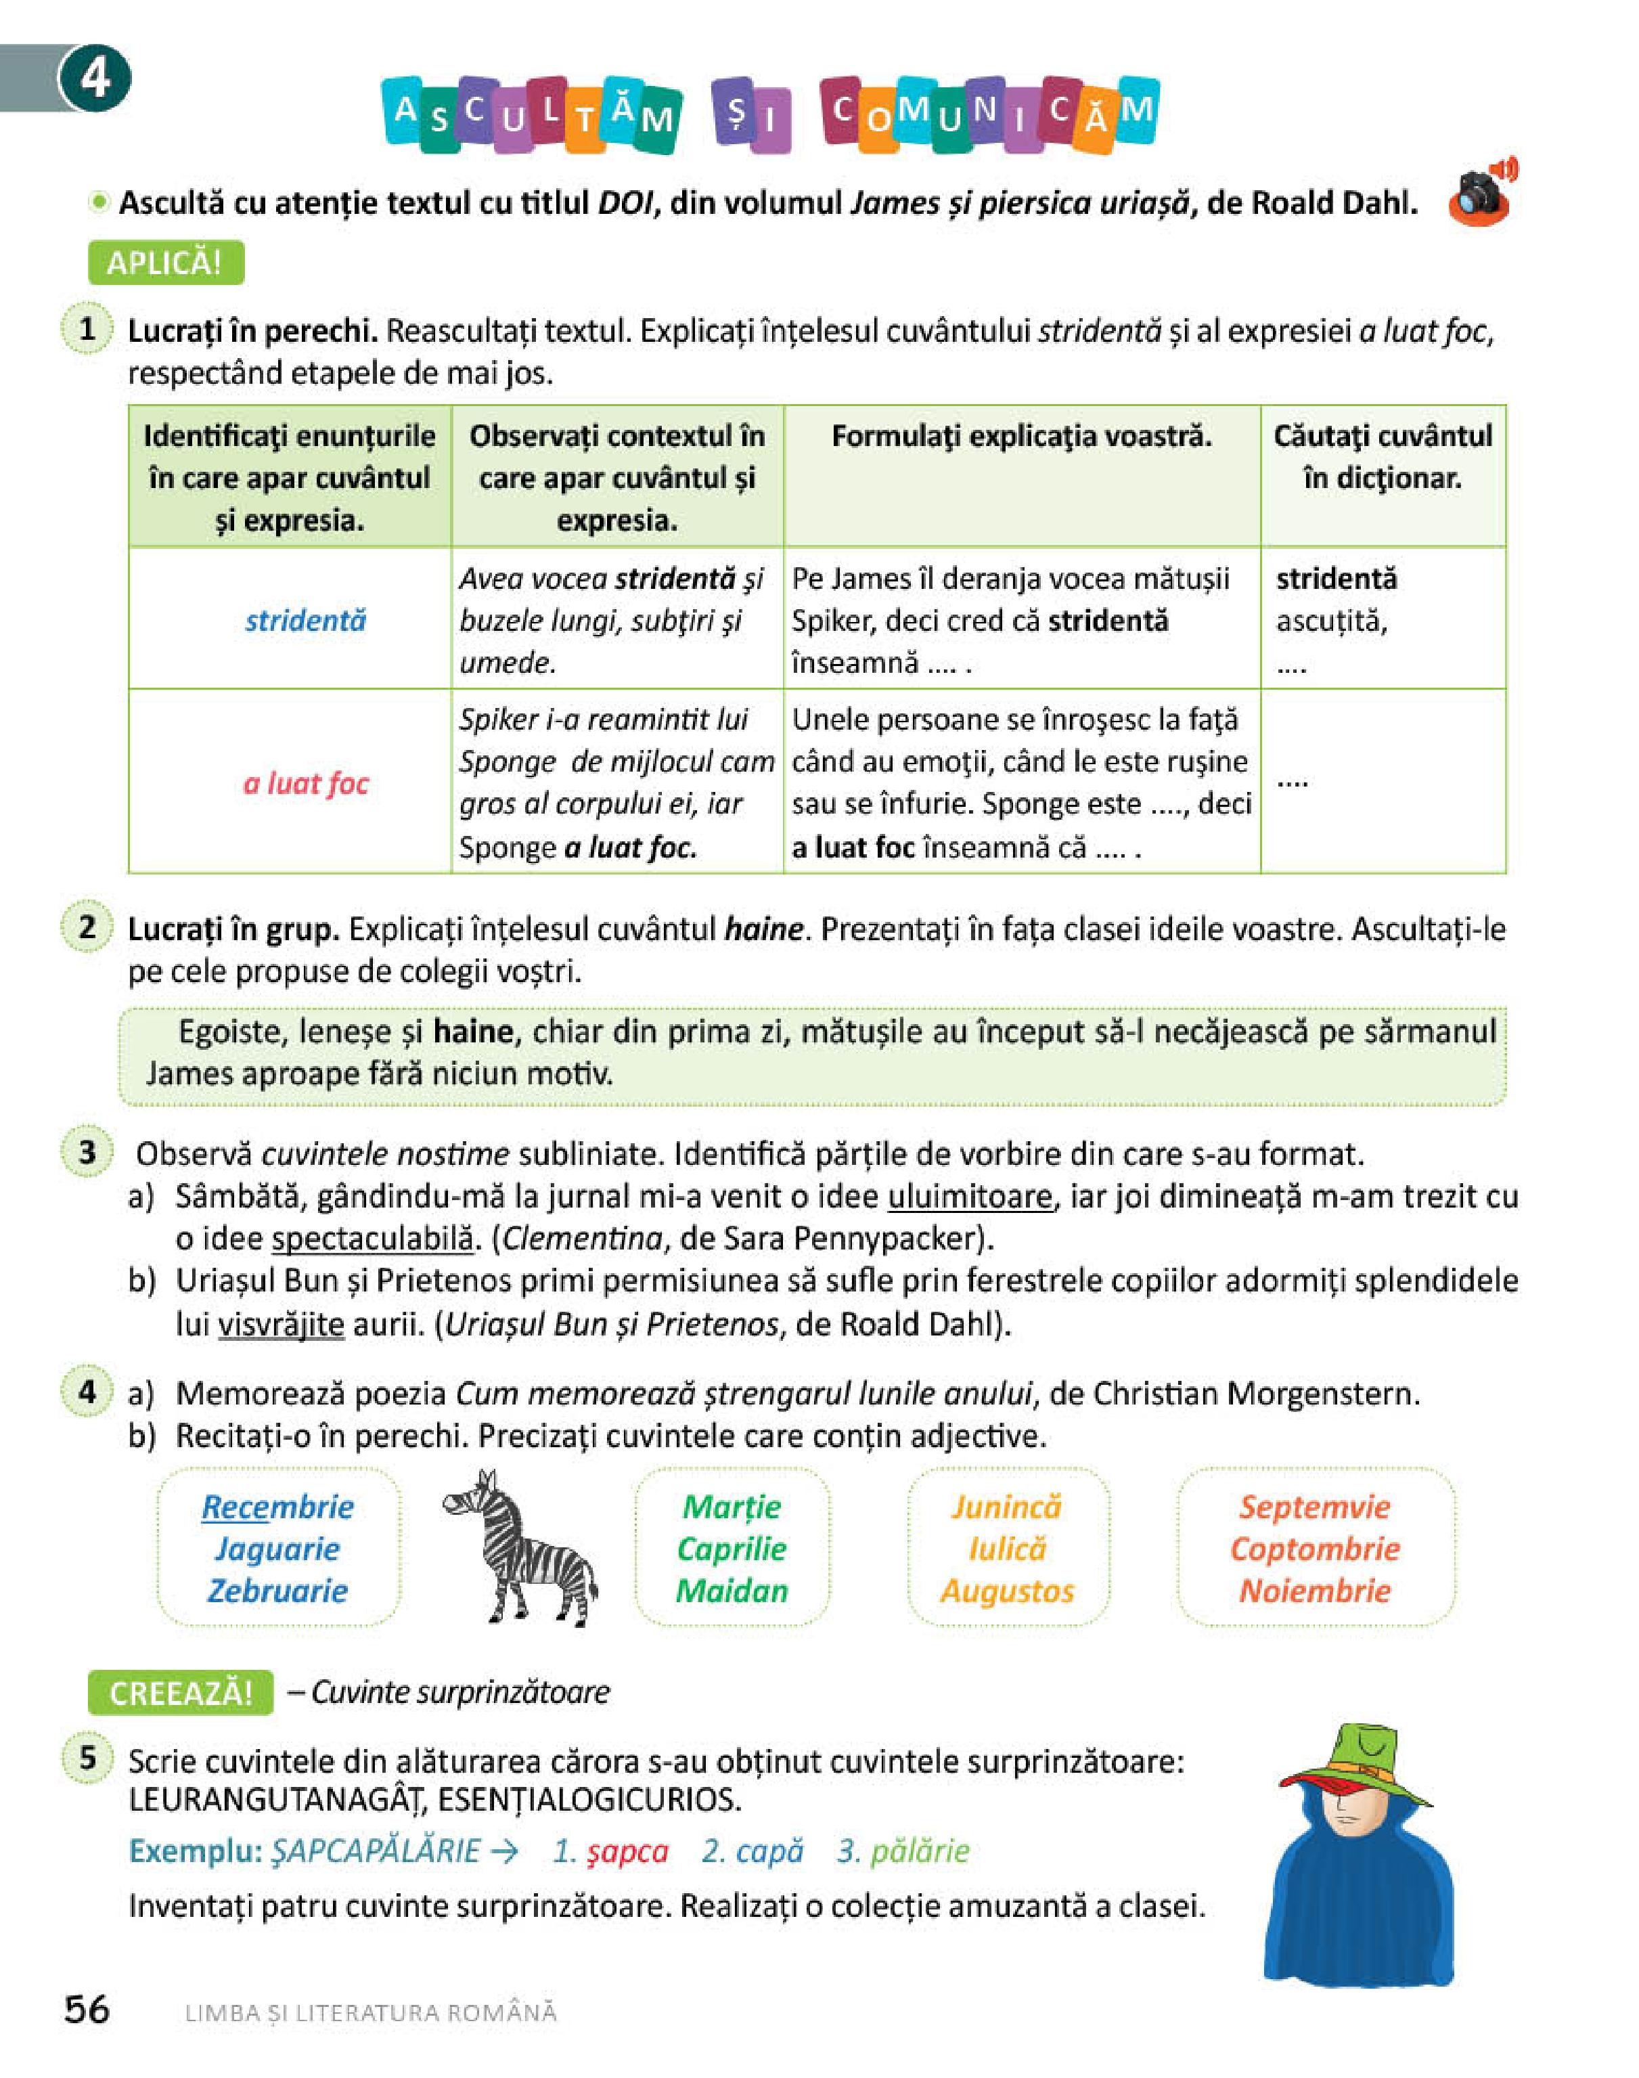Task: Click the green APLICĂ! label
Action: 165,263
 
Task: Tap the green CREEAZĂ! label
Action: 181,1692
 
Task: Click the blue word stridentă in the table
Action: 305,621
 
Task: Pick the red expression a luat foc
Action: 306,784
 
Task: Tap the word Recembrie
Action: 277,1507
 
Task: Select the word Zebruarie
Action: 277,1591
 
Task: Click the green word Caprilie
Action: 732,1548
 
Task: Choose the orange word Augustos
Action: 1007,1591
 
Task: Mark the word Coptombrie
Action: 1315,1548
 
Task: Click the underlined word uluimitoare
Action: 969,1197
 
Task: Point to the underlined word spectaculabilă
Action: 372,1239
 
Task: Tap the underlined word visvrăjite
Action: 280,1325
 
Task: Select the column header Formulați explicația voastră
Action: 1021,437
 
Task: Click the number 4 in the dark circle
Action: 94,78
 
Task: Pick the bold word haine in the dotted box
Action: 472,1032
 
